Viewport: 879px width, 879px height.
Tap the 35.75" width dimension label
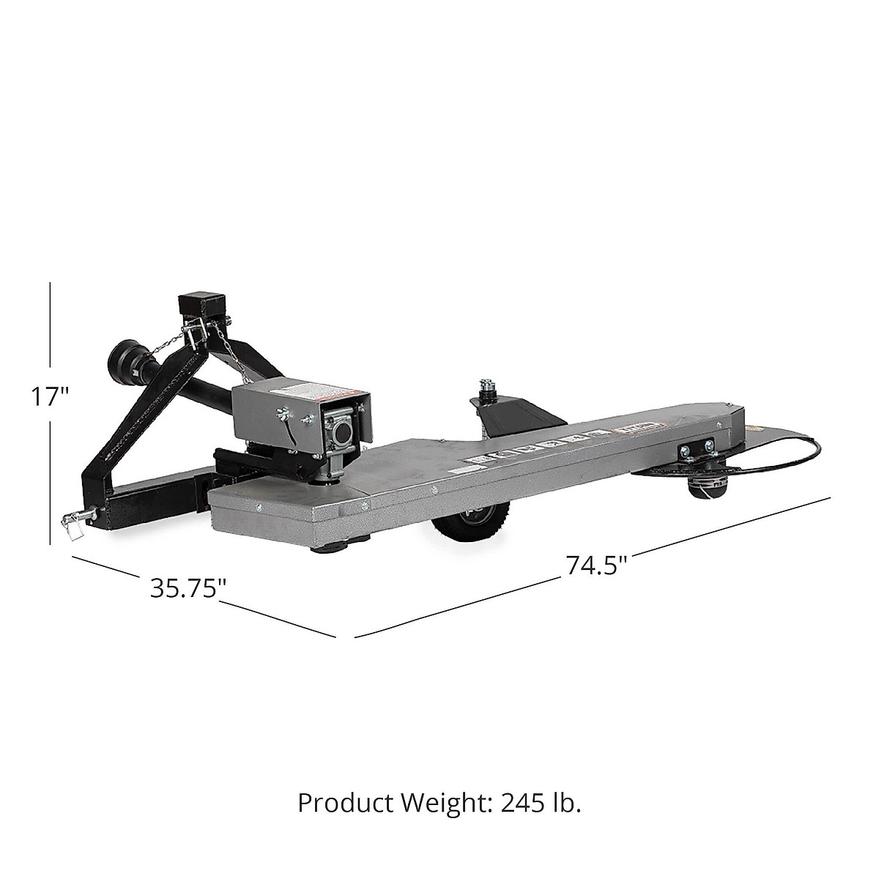click(188, 588)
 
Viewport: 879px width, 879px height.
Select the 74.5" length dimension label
click(596, 565)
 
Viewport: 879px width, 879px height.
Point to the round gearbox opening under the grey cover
click(341, 434)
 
